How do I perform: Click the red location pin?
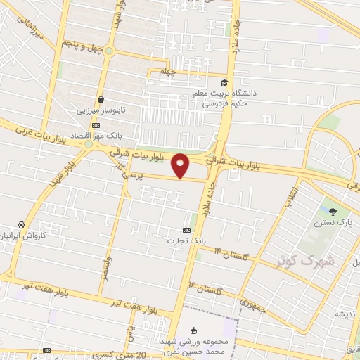[x=181, y=165]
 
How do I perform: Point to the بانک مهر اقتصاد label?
[x=122, y=133]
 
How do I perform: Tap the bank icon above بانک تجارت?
[x=186, y=231]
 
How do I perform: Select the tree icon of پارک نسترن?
[x=333, y=210]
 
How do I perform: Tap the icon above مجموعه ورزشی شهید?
[x=195, y=330]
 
